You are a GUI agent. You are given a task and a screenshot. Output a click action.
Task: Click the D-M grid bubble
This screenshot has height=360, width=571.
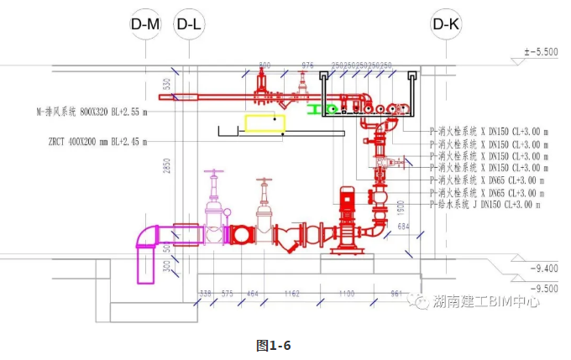coord(145,25)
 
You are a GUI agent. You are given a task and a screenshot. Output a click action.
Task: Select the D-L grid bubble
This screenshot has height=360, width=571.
coord(189,25)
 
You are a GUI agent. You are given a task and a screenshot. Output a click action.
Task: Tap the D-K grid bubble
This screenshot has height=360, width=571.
coord(446,25)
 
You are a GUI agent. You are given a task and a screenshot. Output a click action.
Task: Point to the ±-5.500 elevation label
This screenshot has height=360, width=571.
coord(541,52)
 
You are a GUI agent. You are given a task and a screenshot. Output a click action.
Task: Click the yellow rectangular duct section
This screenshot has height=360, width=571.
coord(265,123)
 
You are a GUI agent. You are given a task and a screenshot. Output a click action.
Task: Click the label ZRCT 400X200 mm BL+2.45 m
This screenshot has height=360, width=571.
coord(97,143)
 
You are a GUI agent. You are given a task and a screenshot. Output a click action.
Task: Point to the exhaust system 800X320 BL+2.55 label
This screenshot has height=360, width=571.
coord(92,110)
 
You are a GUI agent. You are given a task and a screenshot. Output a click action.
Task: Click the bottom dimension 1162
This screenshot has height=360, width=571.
coord(291,295)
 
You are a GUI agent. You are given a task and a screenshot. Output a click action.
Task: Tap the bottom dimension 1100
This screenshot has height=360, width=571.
coord(346,295)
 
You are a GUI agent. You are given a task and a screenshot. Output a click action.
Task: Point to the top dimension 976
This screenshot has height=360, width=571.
coord(307,65)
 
